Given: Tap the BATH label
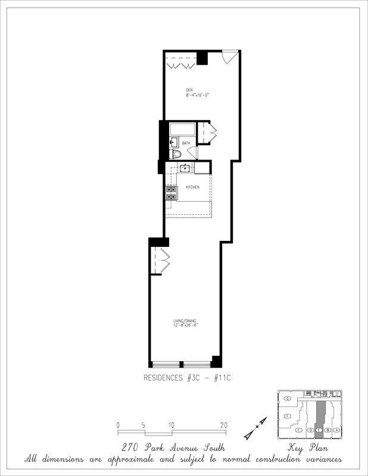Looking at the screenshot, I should click(x=186, y=143).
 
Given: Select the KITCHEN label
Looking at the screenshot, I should click(x=192, y=187).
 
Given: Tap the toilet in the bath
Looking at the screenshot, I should click(x=175, y=155).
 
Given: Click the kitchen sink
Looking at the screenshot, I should click(x=186, y=168).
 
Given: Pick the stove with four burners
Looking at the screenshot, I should click(x=171, y=193).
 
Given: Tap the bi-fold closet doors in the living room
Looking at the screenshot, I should click(x=162, y=259).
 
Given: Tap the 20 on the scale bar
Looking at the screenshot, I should click(x=223, y=425).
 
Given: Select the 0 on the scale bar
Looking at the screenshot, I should click(x=118, y=425).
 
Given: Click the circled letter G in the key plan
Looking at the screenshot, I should click(x=288, y=398).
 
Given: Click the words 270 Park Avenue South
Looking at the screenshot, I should click(x=184, y=447).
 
